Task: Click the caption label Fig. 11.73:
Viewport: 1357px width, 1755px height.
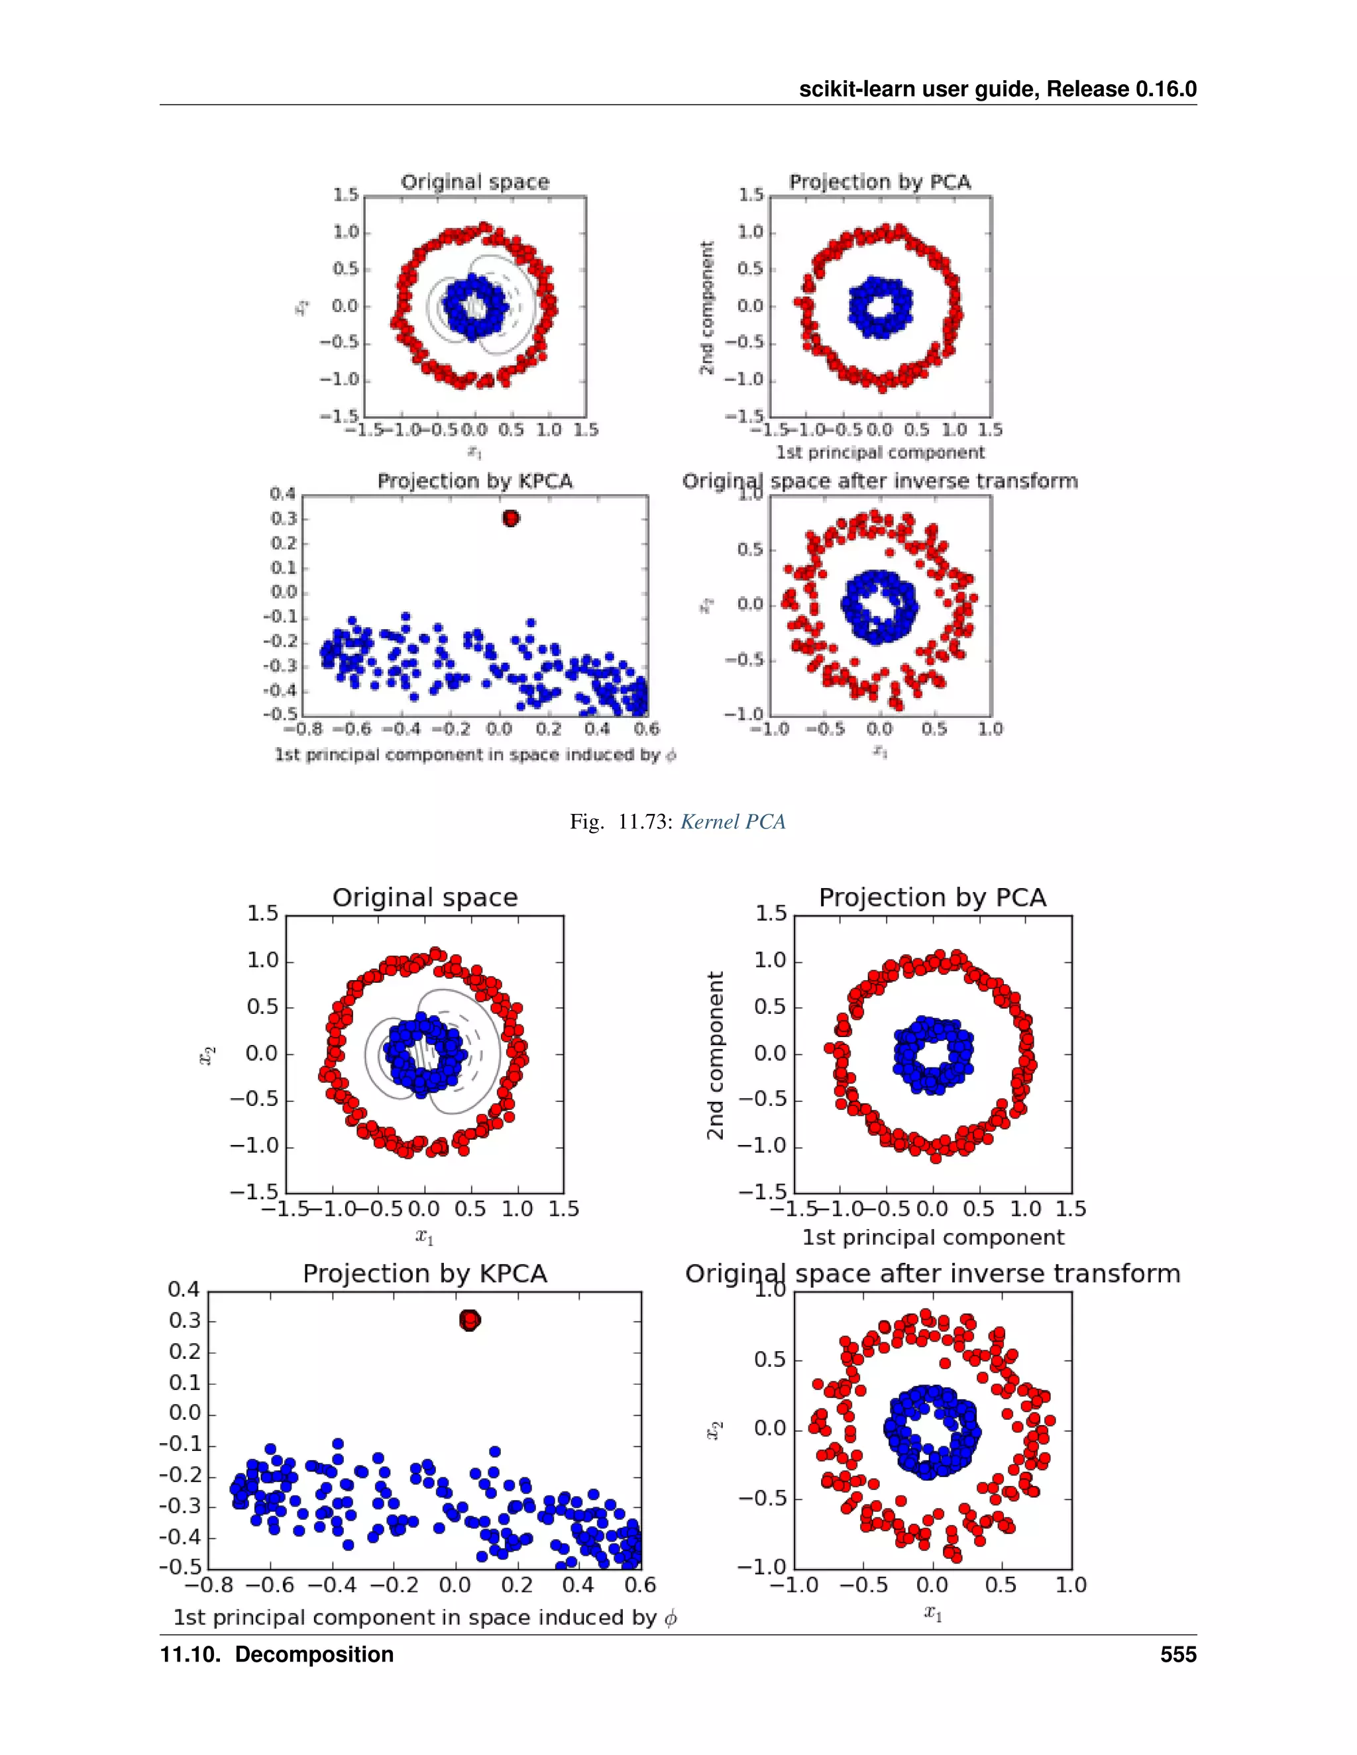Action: (x=621, y=822)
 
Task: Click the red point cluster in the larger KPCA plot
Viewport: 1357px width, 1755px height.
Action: (x=470, y=1321)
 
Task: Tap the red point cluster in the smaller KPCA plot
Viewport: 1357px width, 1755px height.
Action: (x=510, y=519)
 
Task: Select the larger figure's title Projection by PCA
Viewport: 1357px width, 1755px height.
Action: (x=932, y=897)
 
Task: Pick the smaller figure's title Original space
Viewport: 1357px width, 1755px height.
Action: (x=475, y=182)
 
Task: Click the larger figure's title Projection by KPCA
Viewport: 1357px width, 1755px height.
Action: (x=425, y=1274)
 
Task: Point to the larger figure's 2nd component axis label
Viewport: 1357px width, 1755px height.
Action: (x=715, y=1055)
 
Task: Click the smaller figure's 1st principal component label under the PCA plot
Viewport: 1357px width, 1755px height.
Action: (x=881, y=452)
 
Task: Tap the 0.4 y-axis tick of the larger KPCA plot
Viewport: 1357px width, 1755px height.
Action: (x=184, y=1289)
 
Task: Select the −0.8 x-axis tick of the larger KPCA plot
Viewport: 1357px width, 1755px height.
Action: (x=209, y=1585)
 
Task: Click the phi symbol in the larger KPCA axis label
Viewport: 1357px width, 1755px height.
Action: (x=671, y=1618)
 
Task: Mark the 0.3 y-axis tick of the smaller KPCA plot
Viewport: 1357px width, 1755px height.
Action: (x=284, y=519)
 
